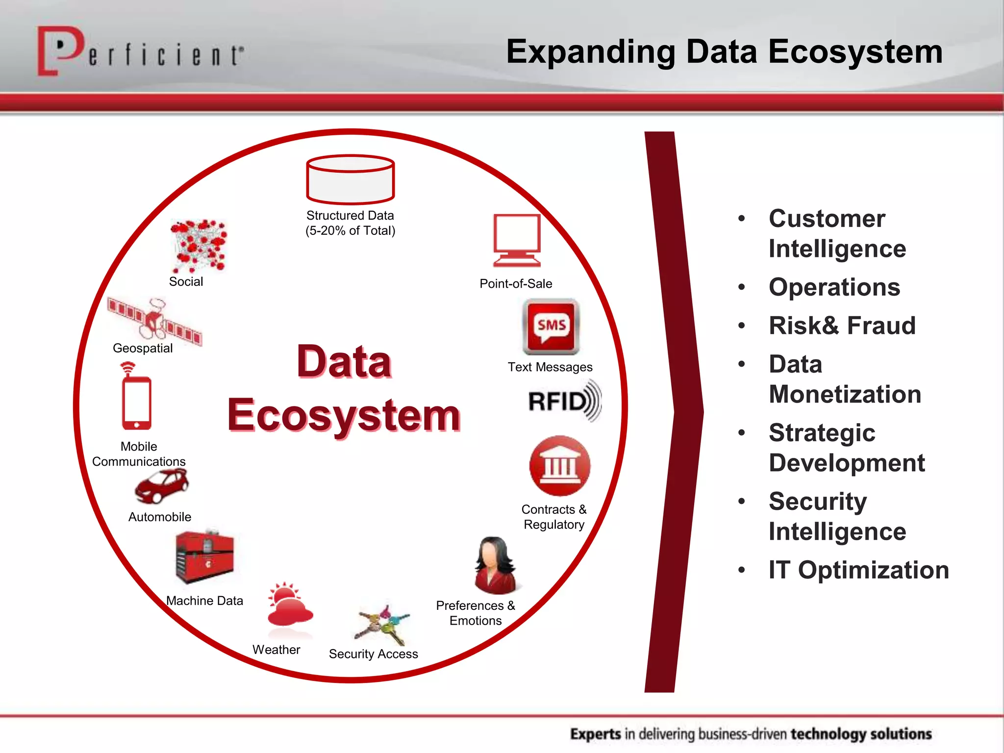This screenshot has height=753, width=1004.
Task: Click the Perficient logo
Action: click(x=140, y=51)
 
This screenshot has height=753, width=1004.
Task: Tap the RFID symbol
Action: click(x=564, y=401)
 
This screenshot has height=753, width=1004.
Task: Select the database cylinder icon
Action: click(x=350, y=179)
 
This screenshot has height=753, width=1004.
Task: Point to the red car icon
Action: click(x=162, y=486)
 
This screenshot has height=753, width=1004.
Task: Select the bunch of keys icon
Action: click(x=384, y=625)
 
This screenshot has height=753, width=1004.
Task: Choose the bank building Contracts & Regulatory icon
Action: click(x=559, y=465)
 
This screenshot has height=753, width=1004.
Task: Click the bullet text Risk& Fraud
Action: click(x=842, y=326)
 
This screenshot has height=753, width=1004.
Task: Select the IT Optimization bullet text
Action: click(x=858, y=570)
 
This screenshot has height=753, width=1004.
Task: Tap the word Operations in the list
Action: click(x=834, y=287)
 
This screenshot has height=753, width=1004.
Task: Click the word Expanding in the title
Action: click(x=590, y=52)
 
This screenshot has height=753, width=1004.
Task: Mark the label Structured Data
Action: click(x=350, y=216)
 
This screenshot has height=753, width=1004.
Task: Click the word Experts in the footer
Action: click(x=596, y=734)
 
